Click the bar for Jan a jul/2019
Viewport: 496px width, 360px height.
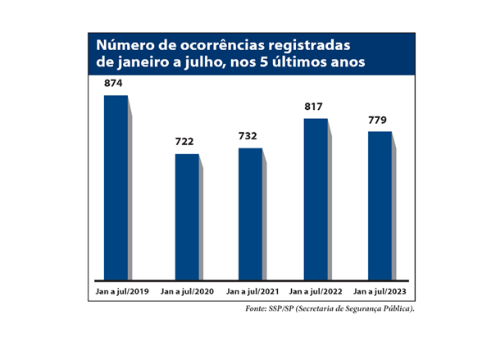point(116,187)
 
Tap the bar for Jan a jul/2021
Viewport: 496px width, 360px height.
point(250,214)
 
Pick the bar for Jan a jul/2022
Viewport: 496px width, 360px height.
point(316,199)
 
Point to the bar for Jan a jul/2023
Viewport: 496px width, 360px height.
point(380,205)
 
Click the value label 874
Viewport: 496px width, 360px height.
point(115,84)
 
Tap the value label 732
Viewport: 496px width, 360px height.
point(250,136)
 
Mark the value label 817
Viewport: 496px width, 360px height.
point(316,107)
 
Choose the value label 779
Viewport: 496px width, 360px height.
point(380,120)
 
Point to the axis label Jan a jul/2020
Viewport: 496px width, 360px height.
point(187,291)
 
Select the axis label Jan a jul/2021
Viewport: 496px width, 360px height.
point(251,291)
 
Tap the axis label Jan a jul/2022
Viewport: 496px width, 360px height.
point(316,291)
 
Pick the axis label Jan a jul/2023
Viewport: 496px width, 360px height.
point(380,291)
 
